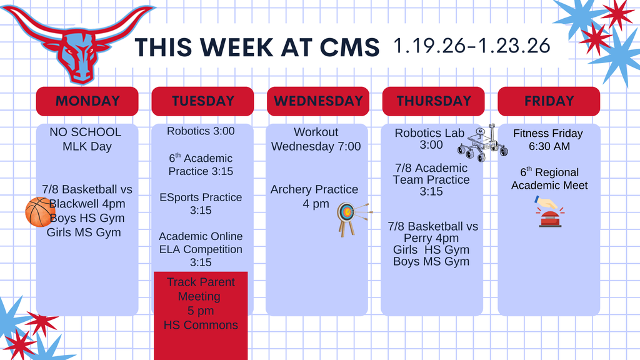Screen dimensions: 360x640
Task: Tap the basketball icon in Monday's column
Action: pyautogui.click(x=39, y=212)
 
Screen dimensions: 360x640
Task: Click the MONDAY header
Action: pyautogui.click(x=87, y=101)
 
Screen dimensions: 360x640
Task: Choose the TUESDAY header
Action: pyautogui.click(x=202, y=101)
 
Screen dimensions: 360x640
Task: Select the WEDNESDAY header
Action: pyautogui.click(x=318, y=101)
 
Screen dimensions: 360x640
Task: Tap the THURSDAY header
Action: pyautogui.click(x=433, y=101)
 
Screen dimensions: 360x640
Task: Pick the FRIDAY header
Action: pyautogui.click(x=549, y=101)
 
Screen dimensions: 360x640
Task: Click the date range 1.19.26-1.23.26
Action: pyautogui.click(x=472, y=46)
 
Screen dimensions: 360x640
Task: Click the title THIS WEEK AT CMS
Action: pyautogui.click(x=257, y=47)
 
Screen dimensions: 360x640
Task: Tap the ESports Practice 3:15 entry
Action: pyautogui.click(x=201, y=204)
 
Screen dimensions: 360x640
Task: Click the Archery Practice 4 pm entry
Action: pyautogui.click(x=315, y=196)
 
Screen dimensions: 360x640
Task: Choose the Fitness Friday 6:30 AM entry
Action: pyautogui.click(x=547, y=139)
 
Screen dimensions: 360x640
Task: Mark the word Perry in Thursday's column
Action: pyautogui.click(x=422, y=238)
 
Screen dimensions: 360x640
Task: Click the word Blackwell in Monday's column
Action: pyautogui.click(x=78, y=204)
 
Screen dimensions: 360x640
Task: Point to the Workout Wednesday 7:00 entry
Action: pyautogui.click(x=316, y=139)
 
